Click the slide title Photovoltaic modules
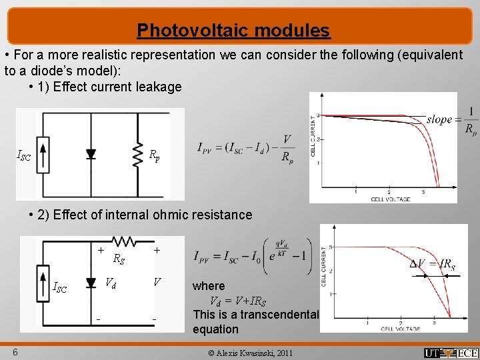pos(233,31)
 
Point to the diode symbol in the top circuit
pos(91,154)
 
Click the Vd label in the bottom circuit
pos(111,282)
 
